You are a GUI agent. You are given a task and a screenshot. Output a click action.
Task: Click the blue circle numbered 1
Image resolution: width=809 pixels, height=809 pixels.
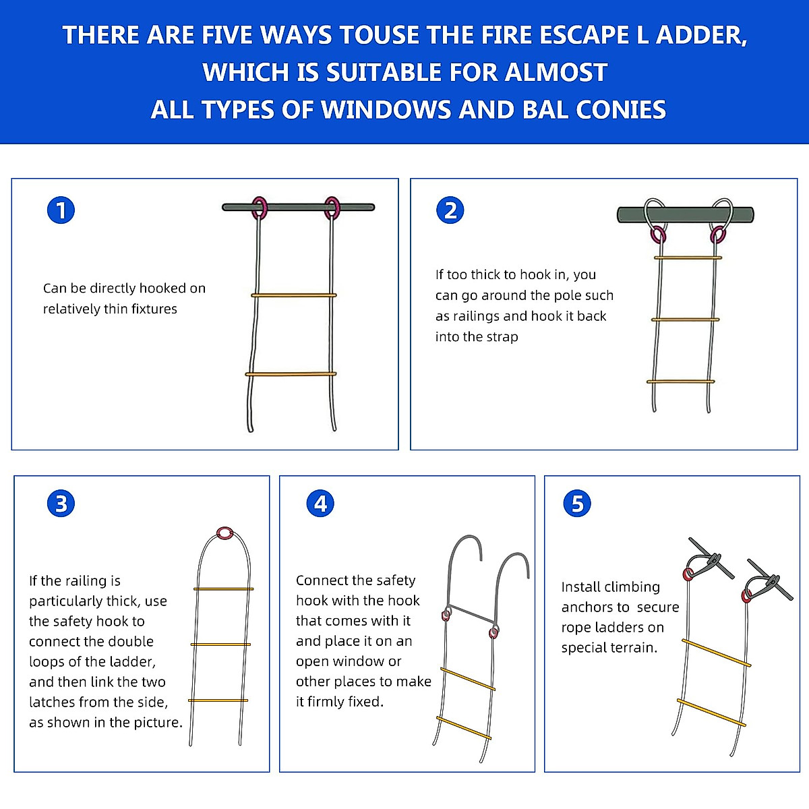click(x=61, y=210)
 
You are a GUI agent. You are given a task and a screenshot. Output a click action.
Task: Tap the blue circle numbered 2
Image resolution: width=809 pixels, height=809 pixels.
click(x=450, y=210)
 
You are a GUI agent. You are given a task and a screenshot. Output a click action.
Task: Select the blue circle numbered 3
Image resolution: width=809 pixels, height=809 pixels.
click(x=61, y=504)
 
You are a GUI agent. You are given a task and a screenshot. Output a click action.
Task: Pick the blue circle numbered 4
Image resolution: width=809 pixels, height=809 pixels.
click(x=320, y=504)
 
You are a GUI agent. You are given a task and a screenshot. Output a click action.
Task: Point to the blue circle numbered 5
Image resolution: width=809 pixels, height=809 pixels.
click(x=577, y=504)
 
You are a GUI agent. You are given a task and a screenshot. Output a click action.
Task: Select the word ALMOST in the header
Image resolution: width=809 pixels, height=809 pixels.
click(x=556, y=72)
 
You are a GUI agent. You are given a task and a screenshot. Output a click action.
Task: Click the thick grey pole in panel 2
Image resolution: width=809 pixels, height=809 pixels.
click(x=685, y=214)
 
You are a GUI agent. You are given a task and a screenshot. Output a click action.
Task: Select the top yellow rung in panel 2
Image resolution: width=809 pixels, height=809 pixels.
click(x=688, y=258)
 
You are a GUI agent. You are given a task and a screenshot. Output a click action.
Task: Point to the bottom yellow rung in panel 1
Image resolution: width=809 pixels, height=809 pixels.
click(x=291, y=373)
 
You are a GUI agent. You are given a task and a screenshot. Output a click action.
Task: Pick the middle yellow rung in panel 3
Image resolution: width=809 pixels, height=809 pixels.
click(x=220, y=644)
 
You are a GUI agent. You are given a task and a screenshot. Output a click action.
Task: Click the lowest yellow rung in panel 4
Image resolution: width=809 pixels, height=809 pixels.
click(x=463, y=728)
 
